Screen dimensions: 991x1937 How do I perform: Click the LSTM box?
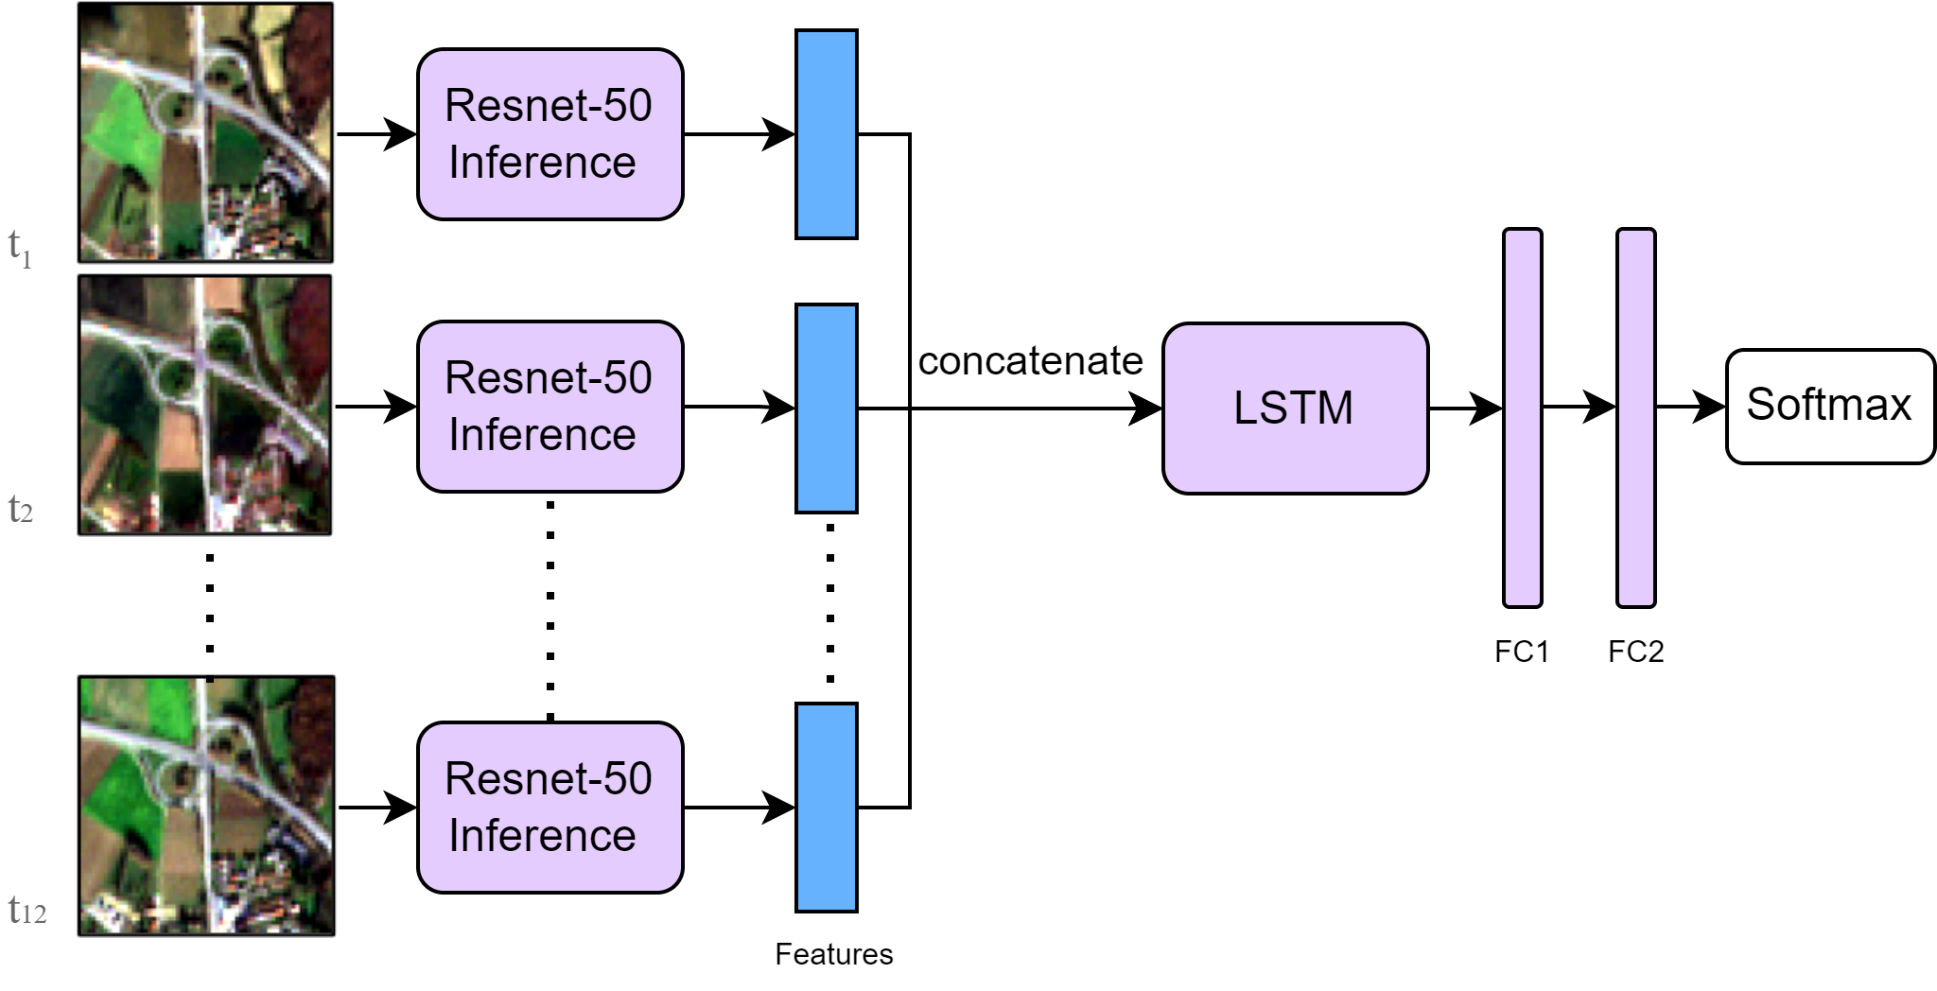pyautogui.click(x=1295, y=409)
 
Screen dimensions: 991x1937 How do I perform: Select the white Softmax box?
pyautogui.click(x=1830, y=407)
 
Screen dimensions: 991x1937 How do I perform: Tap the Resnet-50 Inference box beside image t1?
pyautogui.click(x=550, y=134)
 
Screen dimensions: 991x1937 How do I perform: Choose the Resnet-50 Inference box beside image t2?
pyautogui.click(x=550, y=407)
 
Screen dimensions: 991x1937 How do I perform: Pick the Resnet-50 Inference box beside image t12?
pyautogui.click(x=550, y=808)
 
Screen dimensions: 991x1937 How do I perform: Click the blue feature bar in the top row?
pyautogui.click(x=826, y=134)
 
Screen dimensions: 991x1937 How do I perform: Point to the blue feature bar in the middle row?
pyautogui.click(x=826, y=409)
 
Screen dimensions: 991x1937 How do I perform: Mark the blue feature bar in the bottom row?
pyautogui.click(x=826, y=808)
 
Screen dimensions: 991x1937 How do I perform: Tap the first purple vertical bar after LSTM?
pyautogui.click(x=1522, y=418)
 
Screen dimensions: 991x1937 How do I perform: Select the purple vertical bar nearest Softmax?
pyautogui.click(x=1635, y=418)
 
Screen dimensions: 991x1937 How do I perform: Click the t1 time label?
pyautogui.click(x=20, y=248)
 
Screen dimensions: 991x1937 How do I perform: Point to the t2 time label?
pyautogui.click(x=20, y=510)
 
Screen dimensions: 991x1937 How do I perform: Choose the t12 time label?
pyautogui.click(x=26, y=911)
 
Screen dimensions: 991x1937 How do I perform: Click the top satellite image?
pyautogui.click(x=205, y=132)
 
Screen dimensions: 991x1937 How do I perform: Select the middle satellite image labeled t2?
pyautogui.click(x=205, y=405)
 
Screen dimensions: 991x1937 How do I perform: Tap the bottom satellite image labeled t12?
pyautogui.click(x=205, y=806)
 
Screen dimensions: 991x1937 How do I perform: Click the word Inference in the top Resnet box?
pyautogui.click(x=542, y=163)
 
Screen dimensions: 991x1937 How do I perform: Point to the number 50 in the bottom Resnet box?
pyautogui.click(x=627, y=779)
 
